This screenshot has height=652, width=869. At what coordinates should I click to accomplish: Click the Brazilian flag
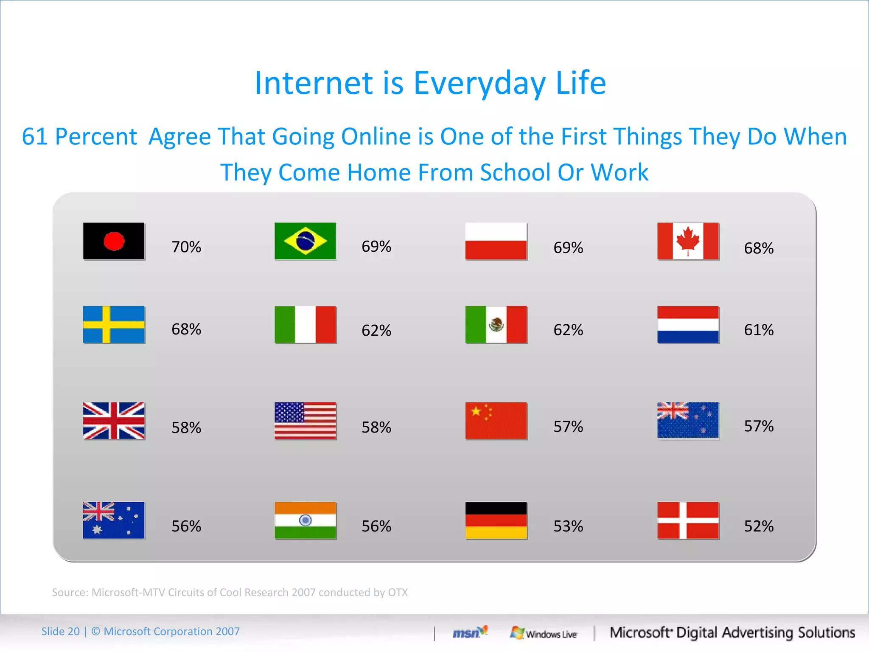click(x=305, y=241)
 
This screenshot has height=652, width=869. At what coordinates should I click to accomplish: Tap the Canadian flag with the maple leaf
click(x=688, y=241)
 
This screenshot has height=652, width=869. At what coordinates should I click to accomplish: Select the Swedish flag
click(x=114, y=324)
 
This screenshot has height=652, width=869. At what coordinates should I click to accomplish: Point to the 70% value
click(x=186, y=247)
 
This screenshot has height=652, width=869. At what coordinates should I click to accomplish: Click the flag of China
click(x=496, y=420)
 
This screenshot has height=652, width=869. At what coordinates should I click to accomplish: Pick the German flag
click(x=496, y=520)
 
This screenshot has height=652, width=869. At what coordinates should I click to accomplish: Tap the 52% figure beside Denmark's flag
click(x=759, y=526)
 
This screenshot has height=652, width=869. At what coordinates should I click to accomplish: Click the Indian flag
click(x=305, y=520)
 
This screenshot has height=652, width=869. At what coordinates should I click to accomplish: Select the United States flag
click(x=305, y=420)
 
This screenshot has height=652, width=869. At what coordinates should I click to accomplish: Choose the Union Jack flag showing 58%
click(x=114, y=420)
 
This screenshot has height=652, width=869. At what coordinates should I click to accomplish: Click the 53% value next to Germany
click(x=568, y=526)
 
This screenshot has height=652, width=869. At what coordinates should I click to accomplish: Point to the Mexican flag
click(x=496, y=324)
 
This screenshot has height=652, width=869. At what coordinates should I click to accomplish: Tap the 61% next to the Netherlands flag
click(x=759, y=330)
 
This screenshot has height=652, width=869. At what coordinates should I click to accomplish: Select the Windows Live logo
click(x=544, y=633)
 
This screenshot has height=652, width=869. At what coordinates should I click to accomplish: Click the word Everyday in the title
click(x=479, y=83)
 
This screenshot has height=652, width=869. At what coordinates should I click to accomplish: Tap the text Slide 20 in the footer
click(x=60, y=631)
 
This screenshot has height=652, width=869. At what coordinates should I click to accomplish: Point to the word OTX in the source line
click(x=398, y=592)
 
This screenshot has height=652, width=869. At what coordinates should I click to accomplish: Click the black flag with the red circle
click(x=114, y=241)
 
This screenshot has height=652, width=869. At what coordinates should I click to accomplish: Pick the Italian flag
click(x=305, y=324)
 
